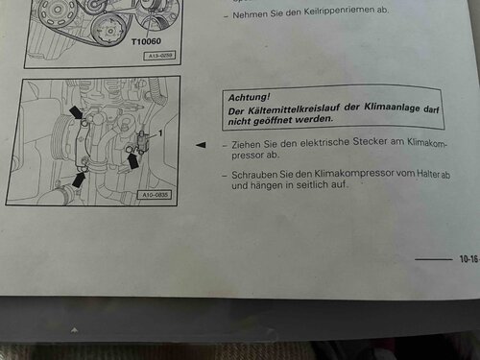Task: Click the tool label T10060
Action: pos(146,41)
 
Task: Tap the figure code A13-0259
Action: pos(160,56)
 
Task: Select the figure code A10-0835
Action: pos(155,195)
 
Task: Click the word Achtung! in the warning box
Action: pos(249,97)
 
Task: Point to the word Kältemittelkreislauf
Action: pos(294,108)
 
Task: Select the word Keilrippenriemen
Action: pos(339,12)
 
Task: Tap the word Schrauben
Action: pos(254,175)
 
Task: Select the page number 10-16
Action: pos(468,259)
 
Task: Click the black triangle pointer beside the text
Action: pos(201,145)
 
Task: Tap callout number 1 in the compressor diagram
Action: pos(160,132)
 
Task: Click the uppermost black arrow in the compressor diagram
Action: pos(77,112)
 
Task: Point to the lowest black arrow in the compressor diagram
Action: pos(79,180)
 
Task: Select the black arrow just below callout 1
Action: pos(132,161)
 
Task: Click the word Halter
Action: pos(428,174)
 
